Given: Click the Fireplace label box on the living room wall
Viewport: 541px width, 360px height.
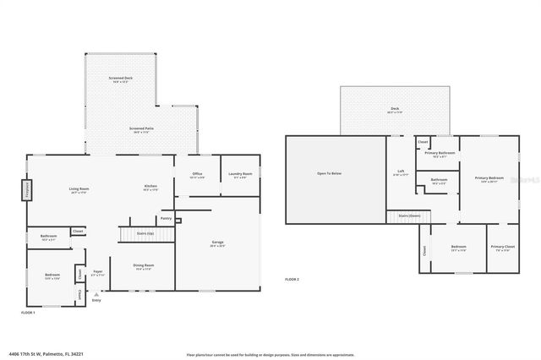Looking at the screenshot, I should pyautogui.click(x=26, y=188).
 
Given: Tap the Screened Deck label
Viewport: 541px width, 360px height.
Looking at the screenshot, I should pyautogui.click(x=121, y=79).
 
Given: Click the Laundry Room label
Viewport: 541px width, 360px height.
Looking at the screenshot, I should pyautogui.click(x=241, y=175).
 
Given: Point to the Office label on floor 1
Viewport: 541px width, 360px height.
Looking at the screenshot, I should pyautogui.click(x=197, y=175).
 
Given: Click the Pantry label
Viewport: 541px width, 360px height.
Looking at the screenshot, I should pyautogui.click(x=166, y=219).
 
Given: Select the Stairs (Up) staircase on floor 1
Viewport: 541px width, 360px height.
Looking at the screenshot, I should pyautogui.click(x=139, y=233).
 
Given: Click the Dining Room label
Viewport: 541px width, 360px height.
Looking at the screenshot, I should pyautogui.click(x=143, y=267).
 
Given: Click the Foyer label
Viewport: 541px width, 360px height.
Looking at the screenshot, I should pyautogui.click(x=98, y=273).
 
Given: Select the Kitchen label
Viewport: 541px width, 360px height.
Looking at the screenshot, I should pyautogui.click(x=150, y=188).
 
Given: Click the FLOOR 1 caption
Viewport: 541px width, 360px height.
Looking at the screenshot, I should pyautogui.click(x=28, y=313).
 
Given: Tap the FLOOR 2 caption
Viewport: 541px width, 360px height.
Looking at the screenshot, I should pyautogui.click(x=292, y=279).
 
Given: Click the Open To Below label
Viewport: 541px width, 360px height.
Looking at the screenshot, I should pyautogui.click(x=329, y=174).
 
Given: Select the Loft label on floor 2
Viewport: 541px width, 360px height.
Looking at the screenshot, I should pyautogui.click(x=402, y=172).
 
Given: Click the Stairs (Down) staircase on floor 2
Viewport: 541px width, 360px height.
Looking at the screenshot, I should pyautogui.click(x=410, y=216).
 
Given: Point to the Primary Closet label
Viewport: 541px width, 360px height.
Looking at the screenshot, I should pyautogui.click(x=500, y=248).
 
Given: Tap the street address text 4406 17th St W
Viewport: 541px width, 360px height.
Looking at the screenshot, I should pyautogui.click(x=40, y=354).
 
